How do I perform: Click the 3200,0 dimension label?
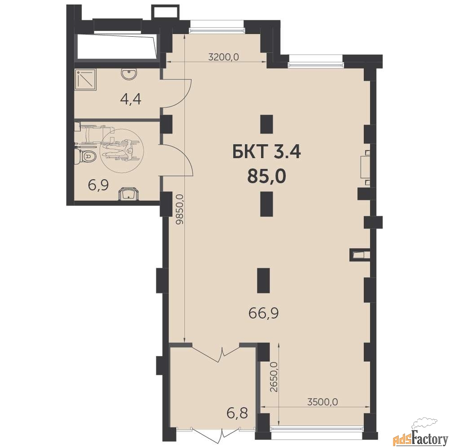pos(223,57)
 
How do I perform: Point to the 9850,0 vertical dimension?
pos(180,210)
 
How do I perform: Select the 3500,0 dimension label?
pos(322,402)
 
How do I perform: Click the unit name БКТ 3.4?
pos(266,152)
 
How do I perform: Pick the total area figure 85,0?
pos(267,176)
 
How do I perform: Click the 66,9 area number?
pos(264,314)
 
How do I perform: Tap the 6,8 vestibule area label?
pos(237,413)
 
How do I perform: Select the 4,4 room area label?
pos(131,99)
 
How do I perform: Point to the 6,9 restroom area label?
pos(98,186)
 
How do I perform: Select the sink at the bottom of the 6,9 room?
pos(128,194)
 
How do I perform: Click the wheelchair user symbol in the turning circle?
pos(121,150)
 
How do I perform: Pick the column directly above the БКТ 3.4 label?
pos(266,124)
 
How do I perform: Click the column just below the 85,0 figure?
pos(266,204)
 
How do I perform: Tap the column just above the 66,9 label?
pos(264,280)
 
